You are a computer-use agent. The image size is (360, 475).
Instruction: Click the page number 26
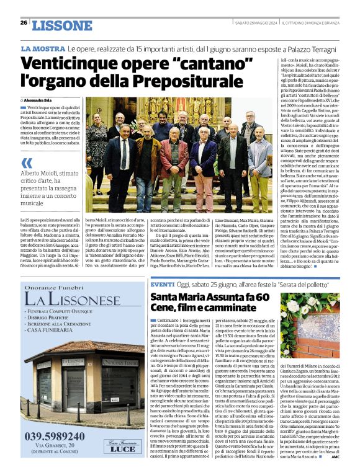point(23,23)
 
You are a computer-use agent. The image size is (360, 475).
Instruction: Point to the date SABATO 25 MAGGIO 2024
point(254,23)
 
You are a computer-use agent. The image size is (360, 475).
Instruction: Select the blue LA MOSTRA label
point(43,48)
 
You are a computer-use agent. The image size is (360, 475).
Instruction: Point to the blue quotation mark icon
point(26,163)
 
